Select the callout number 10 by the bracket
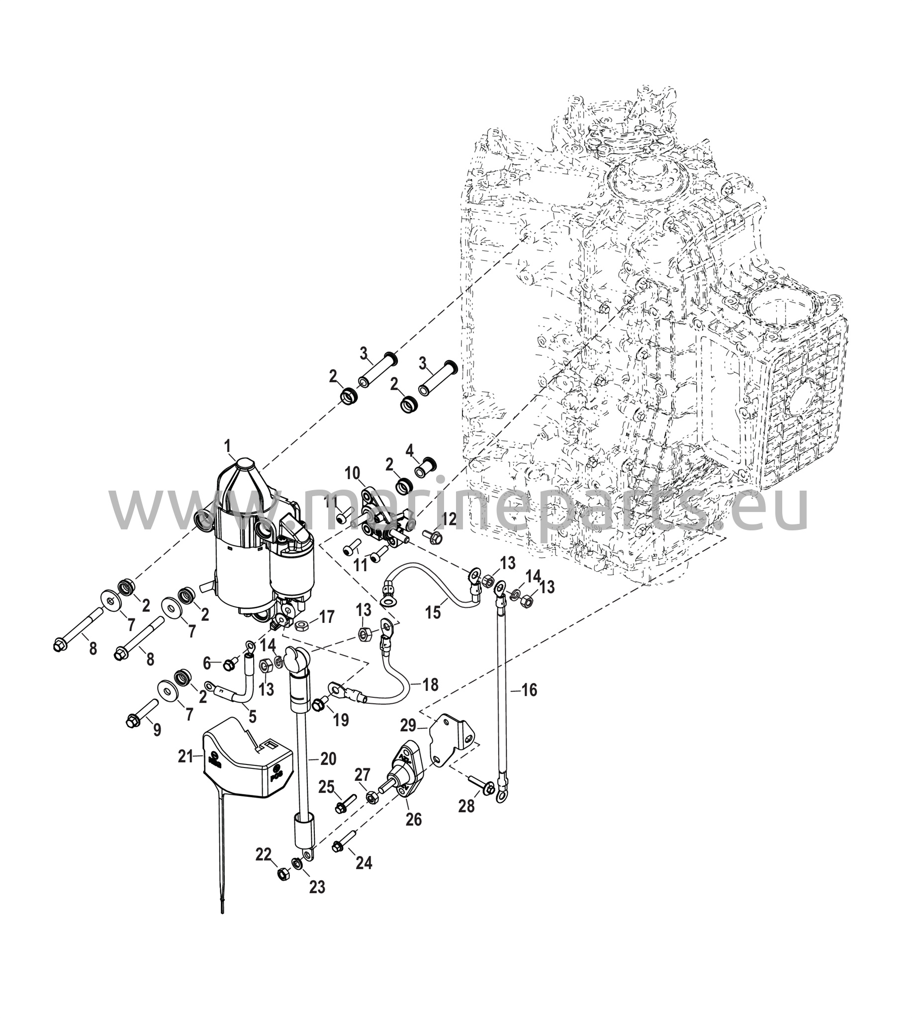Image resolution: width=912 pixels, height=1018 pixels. click(x=353, y=473)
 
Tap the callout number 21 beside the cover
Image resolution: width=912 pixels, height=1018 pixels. click(x=186, y=757)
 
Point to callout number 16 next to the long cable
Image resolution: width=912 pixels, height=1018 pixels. click(x=529, y=690)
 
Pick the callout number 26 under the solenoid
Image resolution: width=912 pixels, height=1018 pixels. click(x=414, y=820)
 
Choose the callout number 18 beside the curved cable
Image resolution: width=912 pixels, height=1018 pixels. click(x=431, y=684)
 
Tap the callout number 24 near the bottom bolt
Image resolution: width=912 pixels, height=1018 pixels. click(x=364, y=863)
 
